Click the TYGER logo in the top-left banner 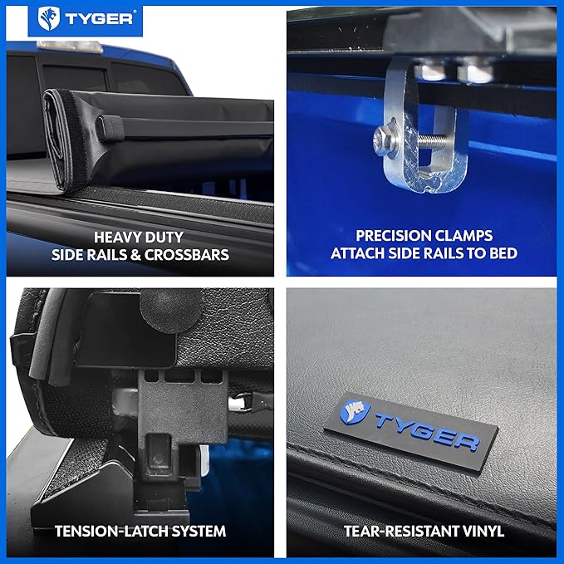tap(86, 18)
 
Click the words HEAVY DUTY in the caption tap(139, 236)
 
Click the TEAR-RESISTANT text tap(400, 530)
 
